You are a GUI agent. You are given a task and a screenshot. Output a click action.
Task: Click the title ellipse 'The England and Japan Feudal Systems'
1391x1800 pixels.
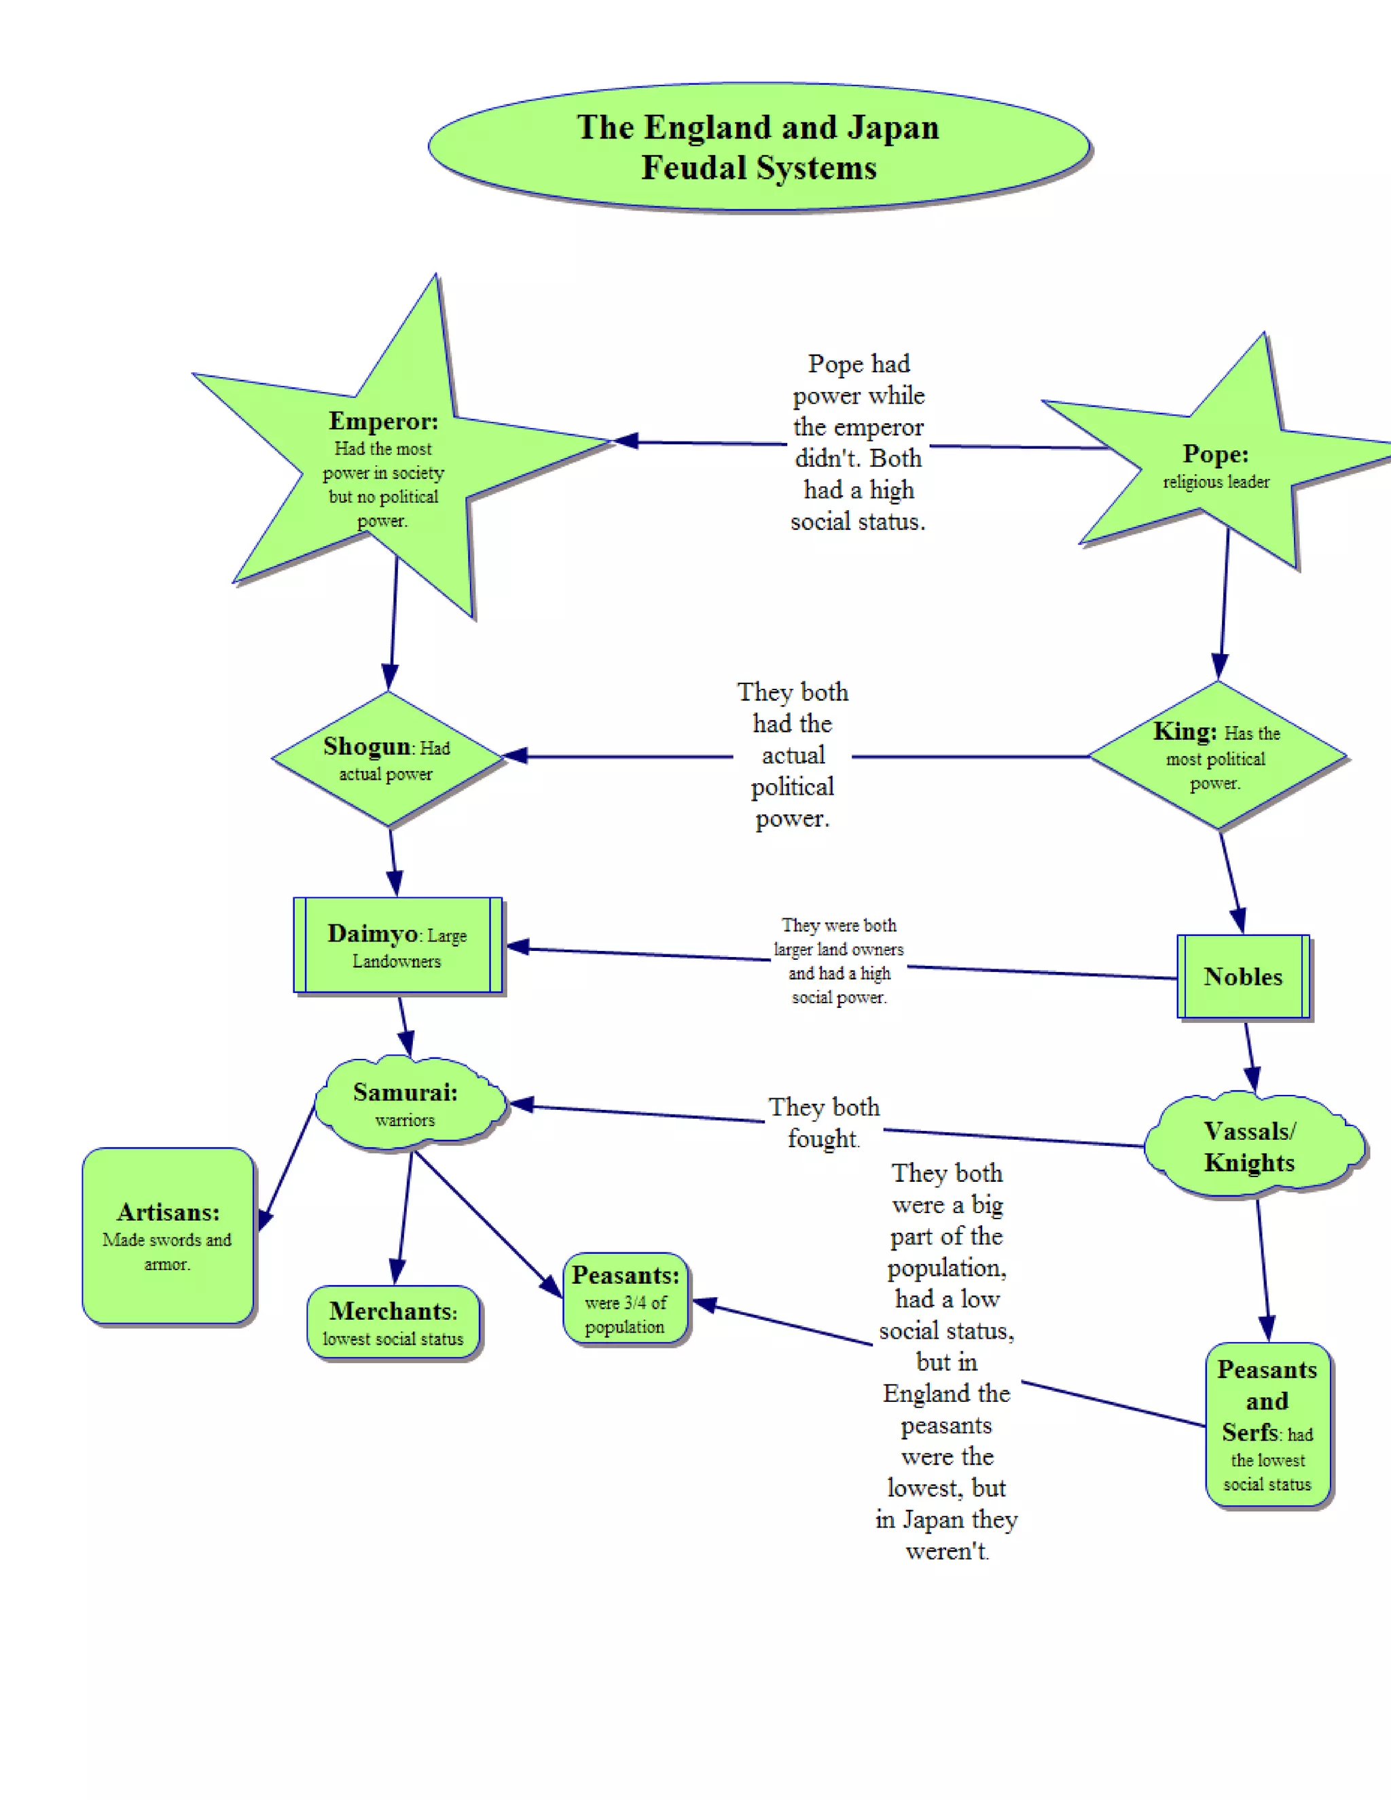pyautogui.click(x=759, y=147)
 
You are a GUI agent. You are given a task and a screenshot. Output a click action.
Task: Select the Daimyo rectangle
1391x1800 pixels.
pyautogui.click(x=397, y=946)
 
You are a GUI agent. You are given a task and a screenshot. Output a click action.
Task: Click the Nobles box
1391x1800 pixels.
pyautogui.click(x=1243, y=977)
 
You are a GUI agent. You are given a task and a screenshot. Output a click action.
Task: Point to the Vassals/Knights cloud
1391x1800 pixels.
pyautogui.click(x=1252, y=1147)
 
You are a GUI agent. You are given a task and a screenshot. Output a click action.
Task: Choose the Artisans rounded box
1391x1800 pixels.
pyautogui.click(x=168, y=1236)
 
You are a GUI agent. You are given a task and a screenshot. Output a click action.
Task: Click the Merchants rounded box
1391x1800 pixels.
pyautogui.click(x=393, y=1322)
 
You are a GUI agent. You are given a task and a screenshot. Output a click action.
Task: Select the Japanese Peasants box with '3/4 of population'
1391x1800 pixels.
pyautogui.click(x=626, y=1299)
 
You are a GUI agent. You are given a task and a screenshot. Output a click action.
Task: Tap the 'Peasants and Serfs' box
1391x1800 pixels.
pyautogui.click(x=1267, y=1425)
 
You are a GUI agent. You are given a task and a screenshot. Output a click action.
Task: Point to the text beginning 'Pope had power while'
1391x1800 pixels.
pyautogui.click(x=858, y=443)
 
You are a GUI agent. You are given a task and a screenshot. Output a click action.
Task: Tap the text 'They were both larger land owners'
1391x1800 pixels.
pyautogui.click(x=838, y=961)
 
